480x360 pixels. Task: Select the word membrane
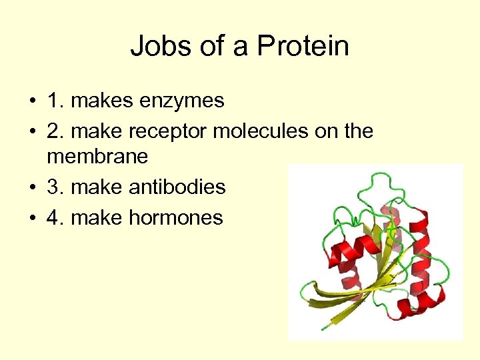(97, 157)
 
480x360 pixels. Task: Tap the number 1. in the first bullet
(55, 101)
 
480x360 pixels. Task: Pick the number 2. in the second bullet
(55, 131)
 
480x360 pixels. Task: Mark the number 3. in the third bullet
(55, 187)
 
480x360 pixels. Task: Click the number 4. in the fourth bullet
(55, 217)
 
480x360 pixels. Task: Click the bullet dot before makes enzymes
(32, 102)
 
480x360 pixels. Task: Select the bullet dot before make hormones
(32, 217)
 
